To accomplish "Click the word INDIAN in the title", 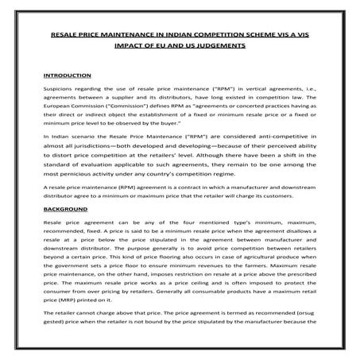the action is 165,35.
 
